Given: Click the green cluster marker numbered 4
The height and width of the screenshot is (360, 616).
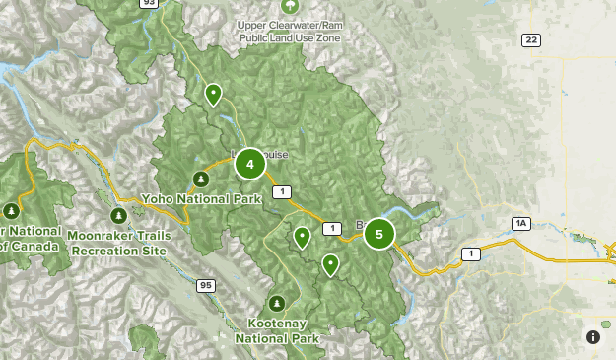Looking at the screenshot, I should [x=250, y=165].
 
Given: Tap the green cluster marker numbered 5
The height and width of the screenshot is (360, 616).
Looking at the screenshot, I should [x=378, y=234].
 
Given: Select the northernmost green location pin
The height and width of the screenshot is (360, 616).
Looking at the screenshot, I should [x=213, y=95].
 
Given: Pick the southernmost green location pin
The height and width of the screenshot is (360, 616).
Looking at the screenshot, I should [x=331, y=264].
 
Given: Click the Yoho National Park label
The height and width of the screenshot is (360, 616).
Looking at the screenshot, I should [x=201, y=198].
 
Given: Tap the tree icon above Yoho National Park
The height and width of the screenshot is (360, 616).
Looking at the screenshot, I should [x=201, y=179].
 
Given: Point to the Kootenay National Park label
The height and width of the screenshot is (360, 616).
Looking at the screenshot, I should [x=278, y=330].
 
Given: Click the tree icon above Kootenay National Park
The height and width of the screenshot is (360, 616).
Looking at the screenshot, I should [x=277, y=302].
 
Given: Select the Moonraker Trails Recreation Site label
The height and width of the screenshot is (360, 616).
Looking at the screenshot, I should [x=119, y=243].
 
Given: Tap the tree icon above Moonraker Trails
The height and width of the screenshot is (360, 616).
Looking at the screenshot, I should [x=118, y=215].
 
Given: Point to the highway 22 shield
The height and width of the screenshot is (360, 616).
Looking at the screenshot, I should [x=532, y=39].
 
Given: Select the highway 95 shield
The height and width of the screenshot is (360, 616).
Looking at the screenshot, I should [x=205, y=286].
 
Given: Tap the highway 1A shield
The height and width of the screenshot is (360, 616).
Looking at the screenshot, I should [x=520, y=224].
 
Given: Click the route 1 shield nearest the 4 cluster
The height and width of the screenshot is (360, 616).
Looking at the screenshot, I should [x=282, y=191].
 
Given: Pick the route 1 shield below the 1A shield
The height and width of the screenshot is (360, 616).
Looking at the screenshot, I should [x=471, y=254].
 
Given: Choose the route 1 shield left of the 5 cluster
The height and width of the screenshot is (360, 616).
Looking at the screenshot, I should [x=333, y=229].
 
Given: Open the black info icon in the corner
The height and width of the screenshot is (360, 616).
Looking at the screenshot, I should [x=593, y=337].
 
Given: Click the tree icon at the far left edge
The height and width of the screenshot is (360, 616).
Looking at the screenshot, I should [x=12, y=210].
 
